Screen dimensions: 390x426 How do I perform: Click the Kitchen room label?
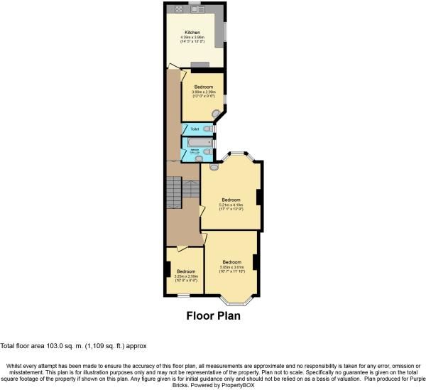(192, 33)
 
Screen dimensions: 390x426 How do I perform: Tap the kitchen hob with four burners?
(174, 10)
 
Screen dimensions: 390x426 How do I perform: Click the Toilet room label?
(194, 129)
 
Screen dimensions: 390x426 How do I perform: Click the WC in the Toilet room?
(207, 129)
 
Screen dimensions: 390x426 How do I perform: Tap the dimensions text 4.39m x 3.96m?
(192, 38)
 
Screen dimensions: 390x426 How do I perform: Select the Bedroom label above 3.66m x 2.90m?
(202, 87)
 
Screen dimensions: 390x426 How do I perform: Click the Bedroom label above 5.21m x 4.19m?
(231, 200)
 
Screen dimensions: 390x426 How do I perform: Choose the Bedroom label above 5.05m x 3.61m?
(231, 262)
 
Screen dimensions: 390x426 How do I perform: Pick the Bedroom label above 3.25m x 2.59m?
(186, 271)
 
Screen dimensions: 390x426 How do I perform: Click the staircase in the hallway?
(174, 191)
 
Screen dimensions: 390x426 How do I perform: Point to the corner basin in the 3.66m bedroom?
(217, 113)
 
